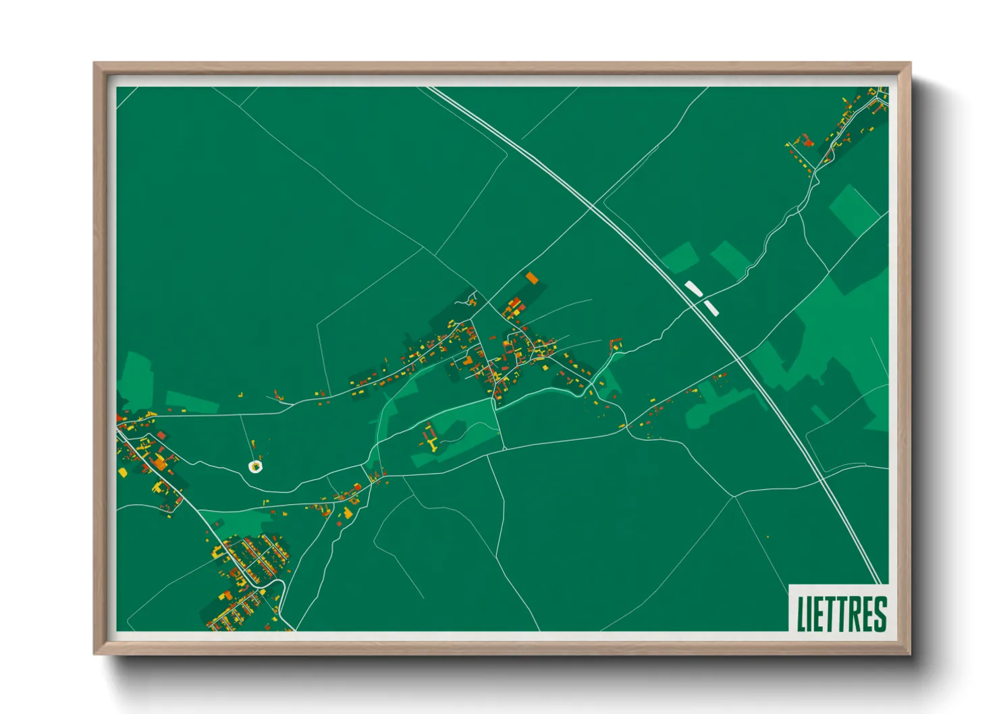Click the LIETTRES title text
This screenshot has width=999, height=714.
(841, 613)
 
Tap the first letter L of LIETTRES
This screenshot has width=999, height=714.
(801, 613)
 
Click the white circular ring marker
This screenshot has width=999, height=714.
(255, 466)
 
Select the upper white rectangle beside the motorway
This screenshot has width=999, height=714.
(694, 289)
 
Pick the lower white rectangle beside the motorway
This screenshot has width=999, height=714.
(711, 308)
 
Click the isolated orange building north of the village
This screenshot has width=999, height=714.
(532, 277)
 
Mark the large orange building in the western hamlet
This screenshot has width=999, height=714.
(160, 462)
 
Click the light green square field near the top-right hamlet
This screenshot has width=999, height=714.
(853, 209)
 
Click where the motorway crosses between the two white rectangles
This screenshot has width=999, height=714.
(702, 299)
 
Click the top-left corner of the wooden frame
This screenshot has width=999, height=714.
(94, 63)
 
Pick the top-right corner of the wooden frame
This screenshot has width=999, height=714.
(910, 63)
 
